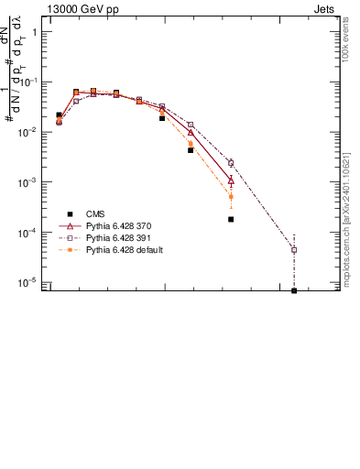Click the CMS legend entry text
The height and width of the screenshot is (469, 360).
96,213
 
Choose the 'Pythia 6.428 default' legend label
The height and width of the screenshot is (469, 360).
125,249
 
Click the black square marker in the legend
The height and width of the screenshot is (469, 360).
70,213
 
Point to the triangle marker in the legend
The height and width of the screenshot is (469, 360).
70,225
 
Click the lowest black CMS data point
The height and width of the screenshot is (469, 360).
294,290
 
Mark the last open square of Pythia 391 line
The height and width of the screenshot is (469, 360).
294,249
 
